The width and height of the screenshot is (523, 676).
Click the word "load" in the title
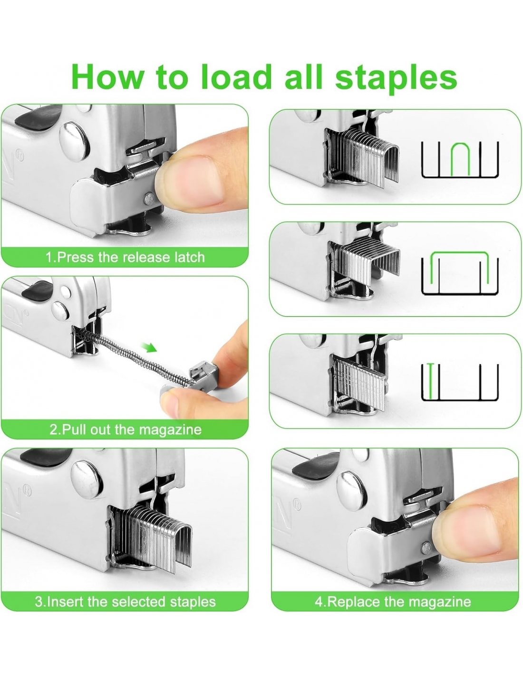[236, 76]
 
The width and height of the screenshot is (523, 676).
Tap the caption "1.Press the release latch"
[125, 257]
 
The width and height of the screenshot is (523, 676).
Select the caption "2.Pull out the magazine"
[126, 430]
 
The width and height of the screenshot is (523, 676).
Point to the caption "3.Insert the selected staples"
[125, 602]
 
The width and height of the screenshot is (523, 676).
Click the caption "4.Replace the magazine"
[393, 602]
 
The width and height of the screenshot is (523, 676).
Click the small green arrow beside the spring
[149, 348]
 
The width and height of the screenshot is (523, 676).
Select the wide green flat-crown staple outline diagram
[459, 252]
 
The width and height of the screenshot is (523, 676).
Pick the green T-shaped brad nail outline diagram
[430, 381]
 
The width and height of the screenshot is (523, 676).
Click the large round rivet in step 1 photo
[74, 142]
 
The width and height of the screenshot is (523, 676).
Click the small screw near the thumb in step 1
[149, 198]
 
